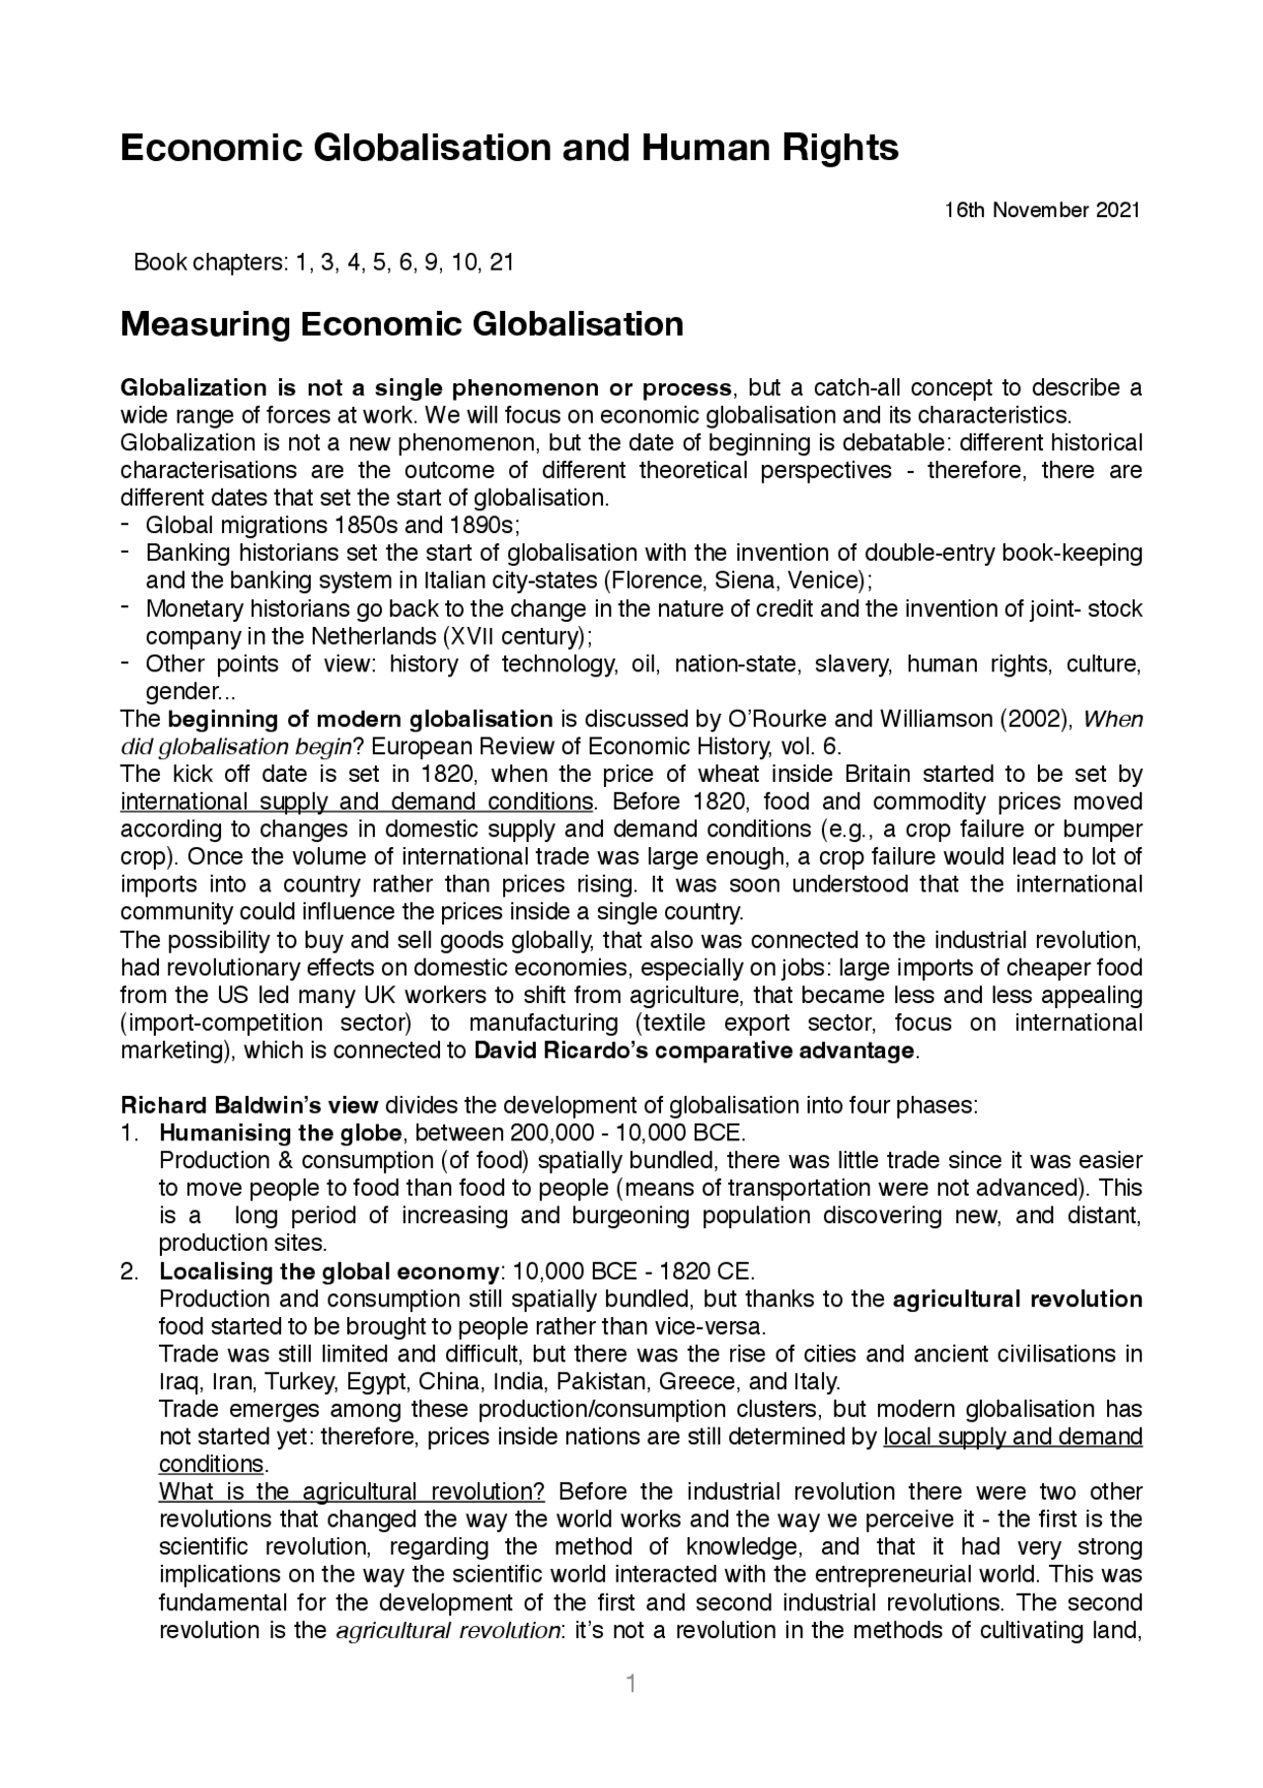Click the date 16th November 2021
1042,210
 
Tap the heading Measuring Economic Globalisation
402,324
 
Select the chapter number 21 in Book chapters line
501,263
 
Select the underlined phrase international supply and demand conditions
357,801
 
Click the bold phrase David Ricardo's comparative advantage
695,1049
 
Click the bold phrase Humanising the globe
280,1132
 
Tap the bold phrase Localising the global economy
330,1271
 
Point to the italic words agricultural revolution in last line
448,1629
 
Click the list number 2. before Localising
130,1271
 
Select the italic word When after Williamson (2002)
1113,719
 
